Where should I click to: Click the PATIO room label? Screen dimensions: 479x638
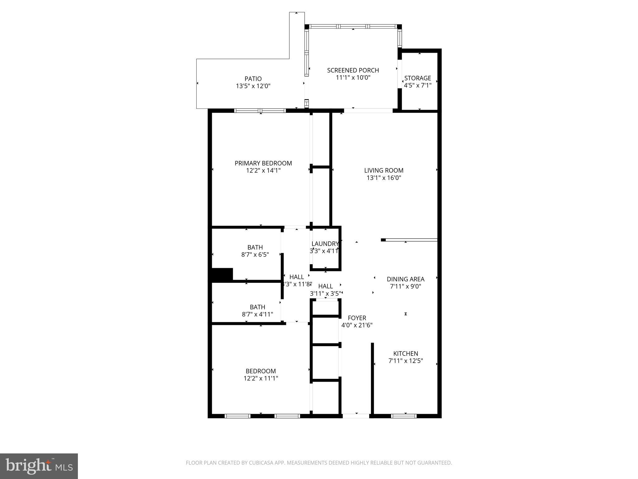point(253,79)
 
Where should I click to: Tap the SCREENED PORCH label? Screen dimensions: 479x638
point(353,70)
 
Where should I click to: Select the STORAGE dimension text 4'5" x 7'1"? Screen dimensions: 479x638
point(417,85)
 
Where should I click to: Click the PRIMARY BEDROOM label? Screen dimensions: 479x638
point(263,163)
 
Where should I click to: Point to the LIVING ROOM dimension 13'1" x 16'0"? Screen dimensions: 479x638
point(384,178)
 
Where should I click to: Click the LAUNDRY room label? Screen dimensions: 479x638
point(325,244)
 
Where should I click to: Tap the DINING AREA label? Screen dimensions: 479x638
point(405,279)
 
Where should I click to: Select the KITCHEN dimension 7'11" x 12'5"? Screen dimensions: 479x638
point(405,361)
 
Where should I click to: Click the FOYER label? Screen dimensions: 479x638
point(357,318)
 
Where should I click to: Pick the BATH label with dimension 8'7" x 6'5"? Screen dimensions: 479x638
point(255,247)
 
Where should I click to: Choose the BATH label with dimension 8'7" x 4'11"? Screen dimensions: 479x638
point(257,307)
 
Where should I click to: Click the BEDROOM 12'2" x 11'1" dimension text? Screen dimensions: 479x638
point(261,379)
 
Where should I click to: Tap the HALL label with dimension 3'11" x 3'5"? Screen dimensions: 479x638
point(326,286)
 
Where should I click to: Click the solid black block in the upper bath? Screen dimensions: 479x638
point(222,274)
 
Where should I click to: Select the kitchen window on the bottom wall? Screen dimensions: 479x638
point(404,416)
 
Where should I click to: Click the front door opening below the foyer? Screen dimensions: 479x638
point(356,416)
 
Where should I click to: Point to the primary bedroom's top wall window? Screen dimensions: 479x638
point(260,110)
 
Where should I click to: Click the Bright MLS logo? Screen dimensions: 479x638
point(39,466)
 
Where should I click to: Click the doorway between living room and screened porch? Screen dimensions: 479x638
point(368,110)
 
